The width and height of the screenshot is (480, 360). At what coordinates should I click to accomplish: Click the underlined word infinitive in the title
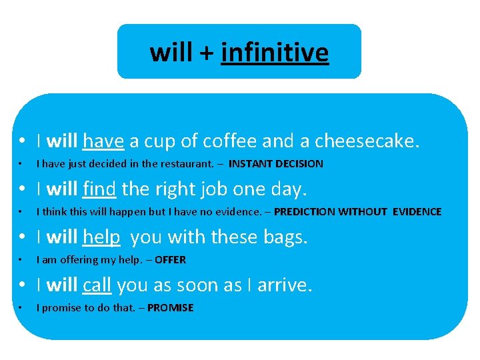[x=275, y=52]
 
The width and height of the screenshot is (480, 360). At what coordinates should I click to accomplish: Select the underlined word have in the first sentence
[x=103, y=141]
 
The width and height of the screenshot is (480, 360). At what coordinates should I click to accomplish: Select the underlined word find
[x=100, y=189]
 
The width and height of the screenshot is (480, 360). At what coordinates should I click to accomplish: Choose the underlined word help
[x=101, y=237]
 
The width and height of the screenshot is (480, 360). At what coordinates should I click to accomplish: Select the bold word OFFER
[x=170, y=260]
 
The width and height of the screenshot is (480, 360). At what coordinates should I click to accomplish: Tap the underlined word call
[x=97, y=285]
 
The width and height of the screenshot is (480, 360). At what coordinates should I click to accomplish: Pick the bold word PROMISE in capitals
[x=170, y=308]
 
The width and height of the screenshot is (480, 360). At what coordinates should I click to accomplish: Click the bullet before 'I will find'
[x=22, y=190]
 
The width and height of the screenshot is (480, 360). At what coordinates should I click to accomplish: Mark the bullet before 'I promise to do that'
[x=22, y=308]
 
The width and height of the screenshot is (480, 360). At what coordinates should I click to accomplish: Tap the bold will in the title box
[x=171, y=52]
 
